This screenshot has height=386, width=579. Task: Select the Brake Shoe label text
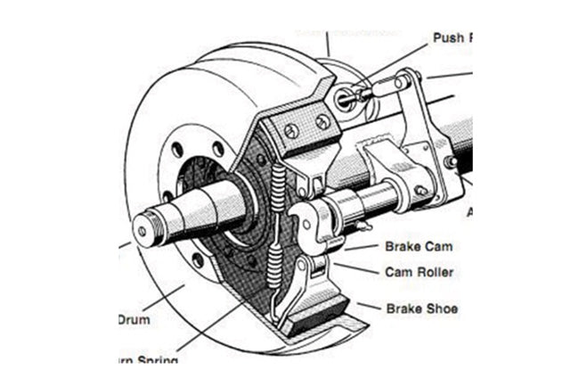[422, 308]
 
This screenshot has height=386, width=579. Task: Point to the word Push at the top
[449, 38]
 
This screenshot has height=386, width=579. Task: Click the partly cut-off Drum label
[134, 317]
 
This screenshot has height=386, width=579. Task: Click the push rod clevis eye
[347, 98]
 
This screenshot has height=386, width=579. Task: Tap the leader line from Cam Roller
[356, 268]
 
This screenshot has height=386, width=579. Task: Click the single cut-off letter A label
[469, 212]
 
